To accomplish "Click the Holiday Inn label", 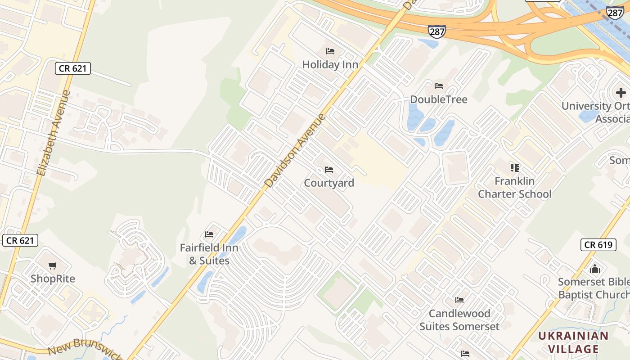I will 330,65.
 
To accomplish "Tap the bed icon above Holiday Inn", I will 330,51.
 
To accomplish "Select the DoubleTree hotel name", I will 438,99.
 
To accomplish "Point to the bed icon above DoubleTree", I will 439,86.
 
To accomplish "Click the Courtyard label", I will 329,183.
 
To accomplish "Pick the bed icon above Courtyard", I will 329,170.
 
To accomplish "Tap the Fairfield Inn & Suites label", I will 209,254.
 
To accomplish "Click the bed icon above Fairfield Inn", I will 209,234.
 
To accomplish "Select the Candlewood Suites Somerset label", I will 459,320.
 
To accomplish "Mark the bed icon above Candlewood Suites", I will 459,300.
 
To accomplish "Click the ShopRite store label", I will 53,279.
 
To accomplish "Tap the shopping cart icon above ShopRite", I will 53,265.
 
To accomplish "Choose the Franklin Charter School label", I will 514,188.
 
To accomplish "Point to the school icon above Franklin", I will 515,168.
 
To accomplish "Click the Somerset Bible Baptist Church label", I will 594,288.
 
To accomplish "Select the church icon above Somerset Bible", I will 595,269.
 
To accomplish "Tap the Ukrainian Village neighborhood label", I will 573,342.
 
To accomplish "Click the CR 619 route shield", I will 598,245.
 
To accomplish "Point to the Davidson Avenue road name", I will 295,151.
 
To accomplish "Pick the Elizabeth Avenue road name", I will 54,133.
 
